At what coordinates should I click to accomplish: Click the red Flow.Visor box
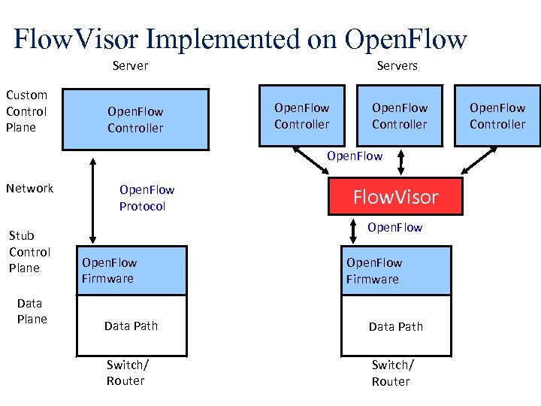395,197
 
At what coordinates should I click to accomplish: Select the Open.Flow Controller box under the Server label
135,120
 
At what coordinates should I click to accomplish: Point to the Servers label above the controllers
397,66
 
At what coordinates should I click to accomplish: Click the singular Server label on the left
130,66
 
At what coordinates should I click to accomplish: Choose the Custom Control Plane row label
26,111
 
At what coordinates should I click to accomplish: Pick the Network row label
29,189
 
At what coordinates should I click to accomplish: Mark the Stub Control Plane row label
29,252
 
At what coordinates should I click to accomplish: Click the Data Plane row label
31,311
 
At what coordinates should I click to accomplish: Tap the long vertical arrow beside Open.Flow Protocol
93,198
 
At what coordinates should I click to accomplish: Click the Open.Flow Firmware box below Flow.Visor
396,271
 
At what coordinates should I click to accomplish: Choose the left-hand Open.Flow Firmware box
131,271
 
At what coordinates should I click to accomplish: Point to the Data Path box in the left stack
131,326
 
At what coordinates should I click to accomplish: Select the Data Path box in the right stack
396,326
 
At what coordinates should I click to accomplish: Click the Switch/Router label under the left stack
127,373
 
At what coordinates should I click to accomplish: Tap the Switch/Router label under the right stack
391,373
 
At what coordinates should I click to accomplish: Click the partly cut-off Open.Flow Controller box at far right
498,117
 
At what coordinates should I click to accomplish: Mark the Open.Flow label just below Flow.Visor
394,227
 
